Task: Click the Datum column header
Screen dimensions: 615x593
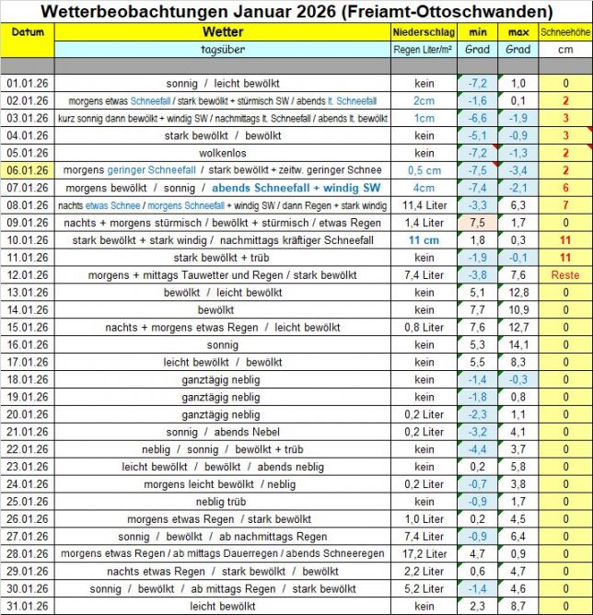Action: tap(28, 32)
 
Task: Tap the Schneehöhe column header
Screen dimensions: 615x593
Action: tap(565, 32)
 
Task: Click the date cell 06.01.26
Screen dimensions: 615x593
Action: tap(28, 169)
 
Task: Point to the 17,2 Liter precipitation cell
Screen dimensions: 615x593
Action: tap(424, 553)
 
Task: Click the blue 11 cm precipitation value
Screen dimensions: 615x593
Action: tap(424, 239)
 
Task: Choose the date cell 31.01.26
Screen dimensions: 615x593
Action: tap(28, 606)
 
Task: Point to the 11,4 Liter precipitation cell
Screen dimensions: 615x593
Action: tap(424, 204)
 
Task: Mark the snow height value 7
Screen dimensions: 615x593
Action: tap(565, 204)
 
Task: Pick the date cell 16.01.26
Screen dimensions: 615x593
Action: tap(28, 343)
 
